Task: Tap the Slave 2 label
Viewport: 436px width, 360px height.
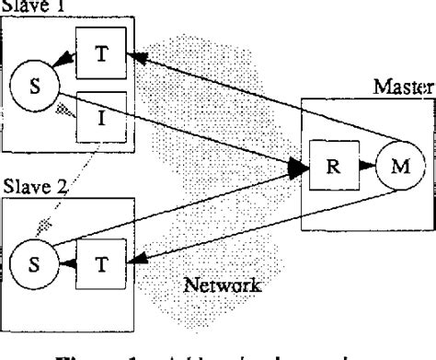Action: [35, 185]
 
